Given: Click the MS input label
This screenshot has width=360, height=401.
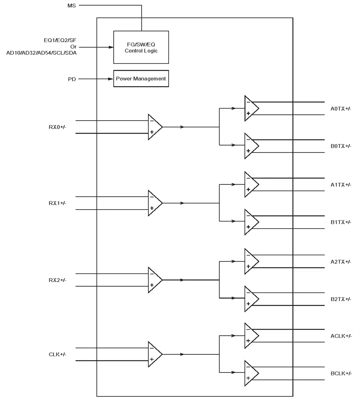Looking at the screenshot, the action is (72, 6).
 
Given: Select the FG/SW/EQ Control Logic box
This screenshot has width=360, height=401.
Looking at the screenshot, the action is (141, 47).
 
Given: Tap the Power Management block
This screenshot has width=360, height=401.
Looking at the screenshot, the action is (141, 79).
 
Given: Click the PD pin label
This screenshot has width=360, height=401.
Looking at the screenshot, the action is (72, 79).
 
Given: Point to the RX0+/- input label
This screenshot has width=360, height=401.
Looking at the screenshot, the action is (57, 127).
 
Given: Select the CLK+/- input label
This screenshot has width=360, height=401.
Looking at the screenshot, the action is (57, 354).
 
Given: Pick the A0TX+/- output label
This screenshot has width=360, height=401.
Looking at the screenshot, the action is (341, 109).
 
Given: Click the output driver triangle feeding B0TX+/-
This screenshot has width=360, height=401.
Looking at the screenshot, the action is (252, 146).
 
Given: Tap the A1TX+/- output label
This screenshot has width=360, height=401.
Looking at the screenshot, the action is (341, 185).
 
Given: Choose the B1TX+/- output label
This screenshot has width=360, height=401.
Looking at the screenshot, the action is (341, 222).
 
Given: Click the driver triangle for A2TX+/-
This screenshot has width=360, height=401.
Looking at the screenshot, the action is (252, 261).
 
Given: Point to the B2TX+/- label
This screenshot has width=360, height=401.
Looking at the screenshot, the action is (341, 299).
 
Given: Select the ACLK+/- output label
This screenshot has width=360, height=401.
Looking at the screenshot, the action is (341, 336).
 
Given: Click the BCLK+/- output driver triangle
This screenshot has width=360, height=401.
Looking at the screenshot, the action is (252, 373).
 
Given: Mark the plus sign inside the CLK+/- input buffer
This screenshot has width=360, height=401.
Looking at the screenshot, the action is (152, 359).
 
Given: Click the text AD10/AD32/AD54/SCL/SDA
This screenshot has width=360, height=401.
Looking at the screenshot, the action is (41, 53).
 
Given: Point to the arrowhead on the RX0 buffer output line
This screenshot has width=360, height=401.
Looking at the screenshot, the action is (182, 127).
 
